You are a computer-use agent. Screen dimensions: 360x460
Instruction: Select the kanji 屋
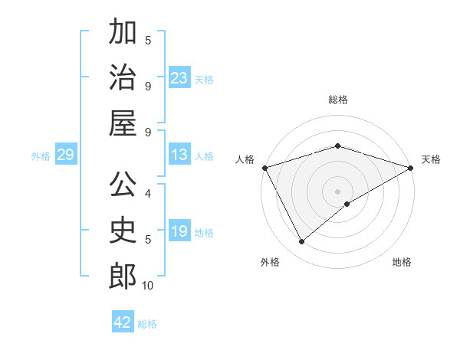[123, 123]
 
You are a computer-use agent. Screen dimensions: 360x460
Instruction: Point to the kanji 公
[123, 185]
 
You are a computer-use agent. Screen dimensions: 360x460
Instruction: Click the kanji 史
[123, 230]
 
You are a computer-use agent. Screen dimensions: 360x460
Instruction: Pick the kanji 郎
[123, 276]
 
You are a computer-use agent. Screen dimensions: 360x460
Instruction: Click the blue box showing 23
[179, 78]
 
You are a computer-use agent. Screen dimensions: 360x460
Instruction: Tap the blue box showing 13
[179, 155]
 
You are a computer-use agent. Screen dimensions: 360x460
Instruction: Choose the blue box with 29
[65, 155]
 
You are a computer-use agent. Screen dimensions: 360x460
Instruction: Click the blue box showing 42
[123, 322]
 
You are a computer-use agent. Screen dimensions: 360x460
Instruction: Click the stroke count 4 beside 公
[148, 193]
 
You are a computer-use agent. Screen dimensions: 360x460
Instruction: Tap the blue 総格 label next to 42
[148, 324]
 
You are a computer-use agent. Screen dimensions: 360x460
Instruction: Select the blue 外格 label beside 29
[41, 156]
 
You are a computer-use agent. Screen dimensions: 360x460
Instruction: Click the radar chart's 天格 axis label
[431, 159]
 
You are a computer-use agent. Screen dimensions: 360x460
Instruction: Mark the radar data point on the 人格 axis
[264, 168]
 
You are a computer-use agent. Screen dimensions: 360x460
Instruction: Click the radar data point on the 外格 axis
[302, 242]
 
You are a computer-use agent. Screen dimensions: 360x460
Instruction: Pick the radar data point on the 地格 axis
[347, 204]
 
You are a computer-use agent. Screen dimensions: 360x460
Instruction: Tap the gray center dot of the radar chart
[337, 191]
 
